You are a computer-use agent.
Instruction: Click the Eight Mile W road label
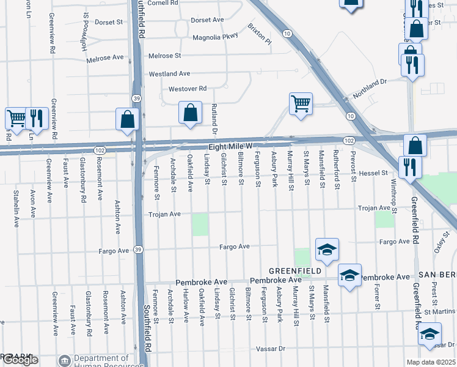point(230,147)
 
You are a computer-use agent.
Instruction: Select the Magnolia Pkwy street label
point(214,37)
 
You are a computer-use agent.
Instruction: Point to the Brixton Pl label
point(259,33)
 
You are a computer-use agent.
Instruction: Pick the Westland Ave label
point(170,74)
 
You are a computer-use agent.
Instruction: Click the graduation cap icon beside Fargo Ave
point(327,250)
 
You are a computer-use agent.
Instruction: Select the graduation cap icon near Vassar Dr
point(430,334)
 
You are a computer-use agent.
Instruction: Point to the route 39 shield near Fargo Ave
point(139,250)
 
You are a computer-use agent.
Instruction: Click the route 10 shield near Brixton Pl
point(286,33)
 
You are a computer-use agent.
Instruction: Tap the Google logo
point(20,360)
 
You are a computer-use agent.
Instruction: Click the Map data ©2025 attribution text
point(431,362)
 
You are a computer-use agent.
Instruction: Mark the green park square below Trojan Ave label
point(200,224)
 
